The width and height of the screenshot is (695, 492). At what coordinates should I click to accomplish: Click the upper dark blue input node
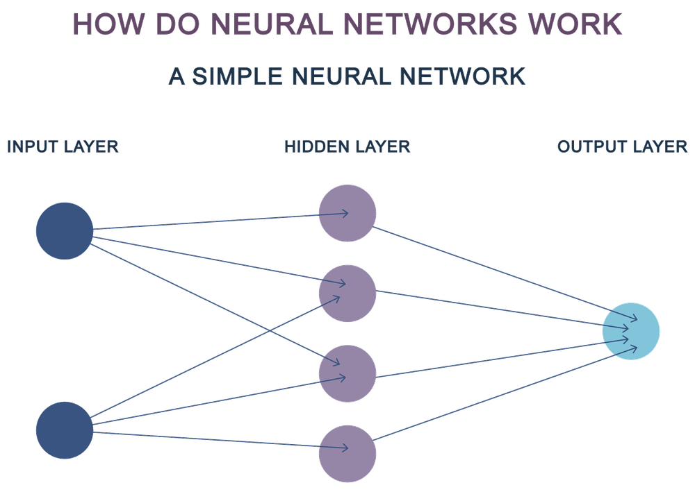click(64, 230)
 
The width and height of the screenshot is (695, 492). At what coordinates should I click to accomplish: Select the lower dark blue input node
click(64, 428)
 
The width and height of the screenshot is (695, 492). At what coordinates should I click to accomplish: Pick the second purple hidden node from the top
click(347, 293)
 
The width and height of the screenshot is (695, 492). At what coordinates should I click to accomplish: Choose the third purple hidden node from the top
click(347, 373)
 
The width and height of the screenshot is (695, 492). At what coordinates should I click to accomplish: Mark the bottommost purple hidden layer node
click(347, 453)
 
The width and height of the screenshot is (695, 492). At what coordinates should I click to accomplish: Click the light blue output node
click(631, 331)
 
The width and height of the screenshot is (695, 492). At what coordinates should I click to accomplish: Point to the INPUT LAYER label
click(63, 147)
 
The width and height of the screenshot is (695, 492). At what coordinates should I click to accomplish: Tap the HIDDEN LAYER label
click(347, 147)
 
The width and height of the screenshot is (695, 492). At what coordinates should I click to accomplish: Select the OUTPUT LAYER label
click(623, 147)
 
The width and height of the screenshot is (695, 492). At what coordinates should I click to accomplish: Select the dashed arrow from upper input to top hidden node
click(208, 221)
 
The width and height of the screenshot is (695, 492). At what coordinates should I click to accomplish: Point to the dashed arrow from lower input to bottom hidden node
click(208, 440)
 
